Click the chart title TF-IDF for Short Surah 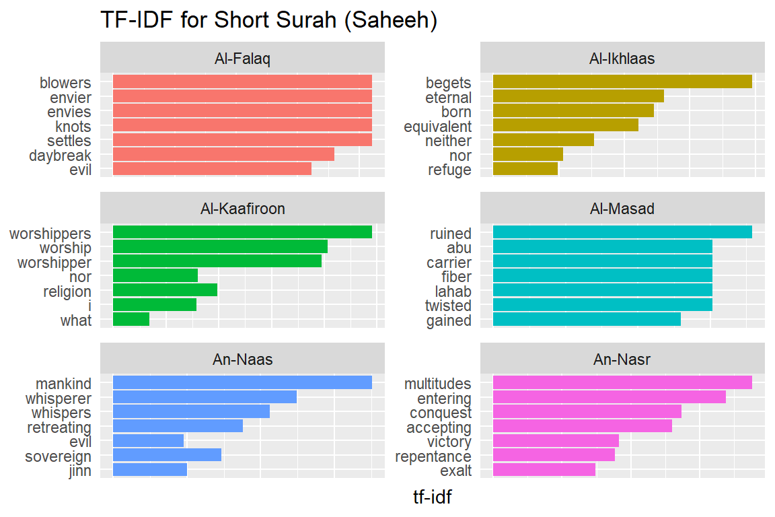(x=269, y=20)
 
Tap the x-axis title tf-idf (x=432, y=498)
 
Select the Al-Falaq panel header (x=242, y=59)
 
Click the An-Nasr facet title (x=622, y=359)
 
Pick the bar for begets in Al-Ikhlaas (x=622, y=81)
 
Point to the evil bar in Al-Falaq (x=212, y=169)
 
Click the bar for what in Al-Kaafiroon (x=131, y=320)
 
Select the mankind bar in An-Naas (x=242, y=382)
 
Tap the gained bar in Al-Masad (x=587, y=320)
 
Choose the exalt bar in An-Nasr (x=544, y=470)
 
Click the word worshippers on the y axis (x=50, y=234)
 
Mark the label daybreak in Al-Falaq (x=60, y=156)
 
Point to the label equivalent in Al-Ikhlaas (x=437, y=127)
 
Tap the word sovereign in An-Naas (x=58, y=456)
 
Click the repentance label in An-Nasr (x=433, y=456)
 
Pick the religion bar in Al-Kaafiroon (x=165, y=290)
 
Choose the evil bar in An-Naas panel (x=148, y=441)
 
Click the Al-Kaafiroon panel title (x=242, y=209)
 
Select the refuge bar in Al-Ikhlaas (x=525, y=169)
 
